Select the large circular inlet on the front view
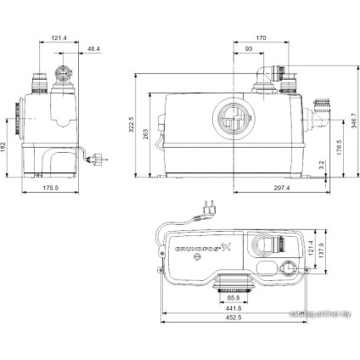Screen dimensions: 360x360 231,119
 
